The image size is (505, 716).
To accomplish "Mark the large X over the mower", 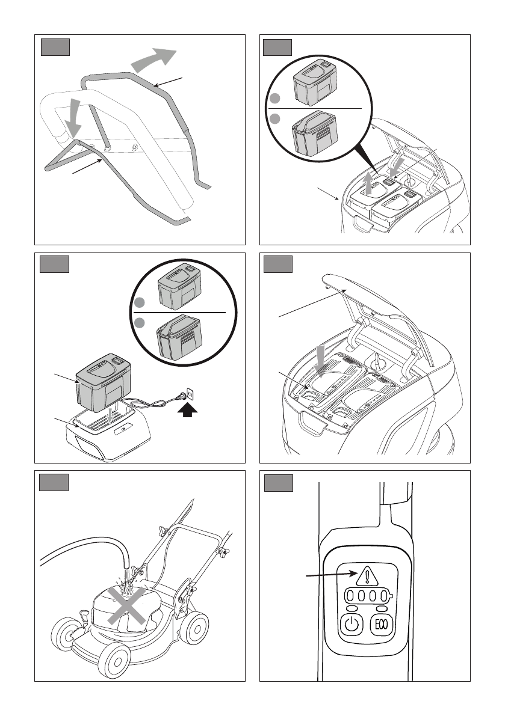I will click(x=127, y=605).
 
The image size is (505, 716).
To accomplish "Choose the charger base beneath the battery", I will click(x=109, y=439).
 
